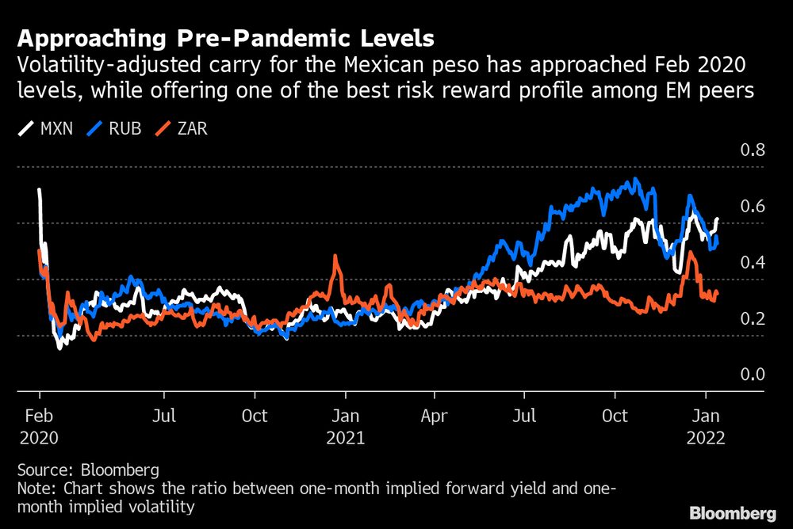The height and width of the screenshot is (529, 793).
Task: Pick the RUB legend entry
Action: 116,127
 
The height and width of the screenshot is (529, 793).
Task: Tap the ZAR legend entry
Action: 183,127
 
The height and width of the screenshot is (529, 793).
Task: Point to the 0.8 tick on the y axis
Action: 752,150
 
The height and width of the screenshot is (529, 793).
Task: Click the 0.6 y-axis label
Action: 752,207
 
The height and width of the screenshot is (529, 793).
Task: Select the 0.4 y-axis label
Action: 752,263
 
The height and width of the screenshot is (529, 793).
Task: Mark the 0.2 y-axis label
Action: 752,319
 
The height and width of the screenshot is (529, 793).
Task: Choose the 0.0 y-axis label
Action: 752,375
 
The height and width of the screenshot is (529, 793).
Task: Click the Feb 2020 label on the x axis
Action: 39,426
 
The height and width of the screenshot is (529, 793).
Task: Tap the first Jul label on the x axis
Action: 163,416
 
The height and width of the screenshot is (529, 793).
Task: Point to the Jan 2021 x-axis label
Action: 346,426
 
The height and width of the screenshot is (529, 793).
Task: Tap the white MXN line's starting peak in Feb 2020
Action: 39,190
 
